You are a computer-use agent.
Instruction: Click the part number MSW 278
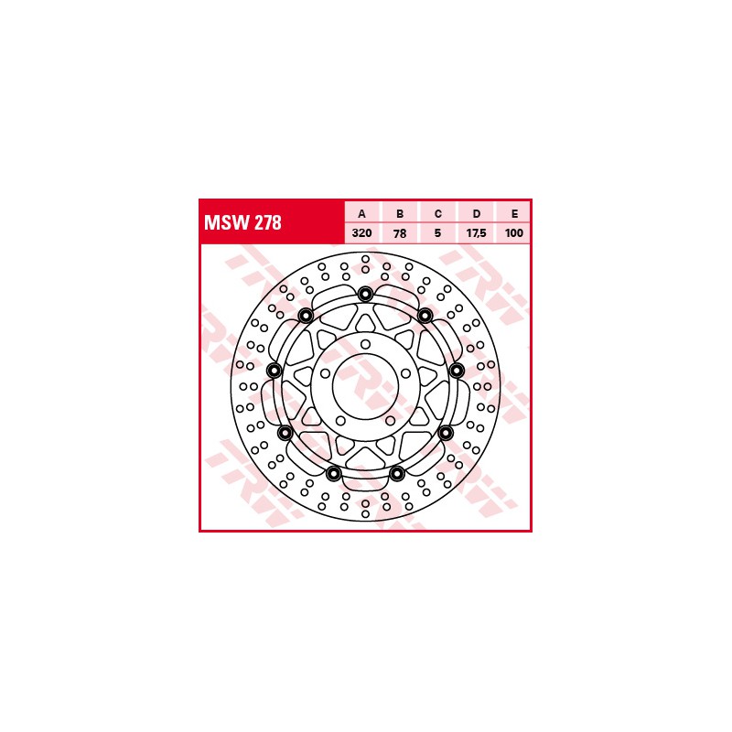pyautogui.click(x=242, y=222)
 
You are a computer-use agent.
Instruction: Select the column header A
pyautogui.click(x=361, y=214)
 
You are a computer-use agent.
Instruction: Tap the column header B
pyautogui.click(x=400, y=214)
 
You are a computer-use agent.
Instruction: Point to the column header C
pyautogui.click(x=438, y=214)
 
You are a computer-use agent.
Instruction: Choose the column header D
pyautogui.click(x=476, y=214)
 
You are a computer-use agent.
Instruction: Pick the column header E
pyautogui.click(x=514, y=214)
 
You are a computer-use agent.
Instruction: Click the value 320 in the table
pyautogui.click(x=361, y=233)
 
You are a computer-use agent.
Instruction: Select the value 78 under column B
pyautogui.click(x=400, y=233)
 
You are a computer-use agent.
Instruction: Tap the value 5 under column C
pyautogui.click(x=438, y=233)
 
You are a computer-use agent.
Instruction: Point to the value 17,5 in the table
pyautogui.click(x=476, y=233)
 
